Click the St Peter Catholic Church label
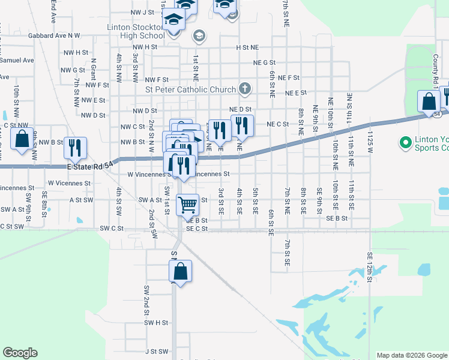click(x=191, y=90)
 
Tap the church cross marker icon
click(x=244, y=89)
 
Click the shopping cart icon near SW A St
click(x=188, y=205)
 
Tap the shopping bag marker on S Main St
click(x=180, y=272)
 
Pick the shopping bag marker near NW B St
click(x=22, y=139)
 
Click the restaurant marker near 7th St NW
click(x=76, y=148)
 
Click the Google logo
click(x=20, y=352)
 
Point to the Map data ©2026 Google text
click(x=411, y=355)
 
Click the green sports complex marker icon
click(x=405, y=143)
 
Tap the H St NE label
click(x=247, y=47)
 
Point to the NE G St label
click(x=264, y=62)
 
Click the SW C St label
click(x=112, y=229)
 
